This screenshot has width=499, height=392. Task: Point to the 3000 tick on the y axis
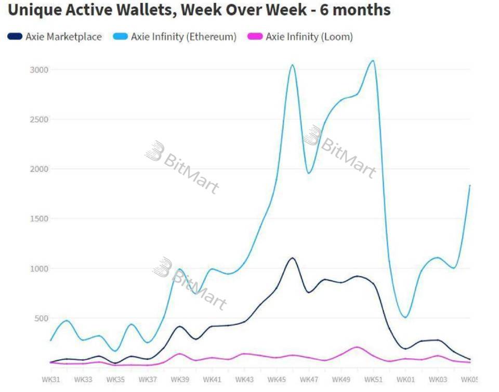39,70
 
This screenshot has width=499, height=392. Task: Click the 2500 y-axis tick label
39,119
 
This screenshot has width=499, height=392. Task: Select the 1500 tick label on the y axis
39,219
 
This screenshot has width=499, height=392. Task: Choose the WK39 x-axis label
180,380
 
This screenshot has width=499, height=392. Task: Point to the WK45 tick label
277,380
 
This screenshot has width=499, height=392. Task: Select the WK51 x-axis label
373,380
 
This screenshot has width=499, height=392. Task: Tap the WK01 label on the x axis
405,380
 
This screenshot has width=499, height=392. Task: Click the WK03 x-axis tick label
438,380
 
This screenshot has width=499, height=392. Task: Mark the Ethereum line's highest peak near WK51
372,60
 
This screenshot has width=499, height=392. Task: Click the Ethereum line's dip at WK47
309,173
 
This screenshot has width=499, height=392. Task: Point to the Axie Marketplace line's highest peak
292,258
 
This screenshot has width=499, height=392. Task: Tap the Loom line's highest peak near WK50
357,347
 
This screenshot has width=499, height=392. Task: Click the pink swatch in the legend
255,37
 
